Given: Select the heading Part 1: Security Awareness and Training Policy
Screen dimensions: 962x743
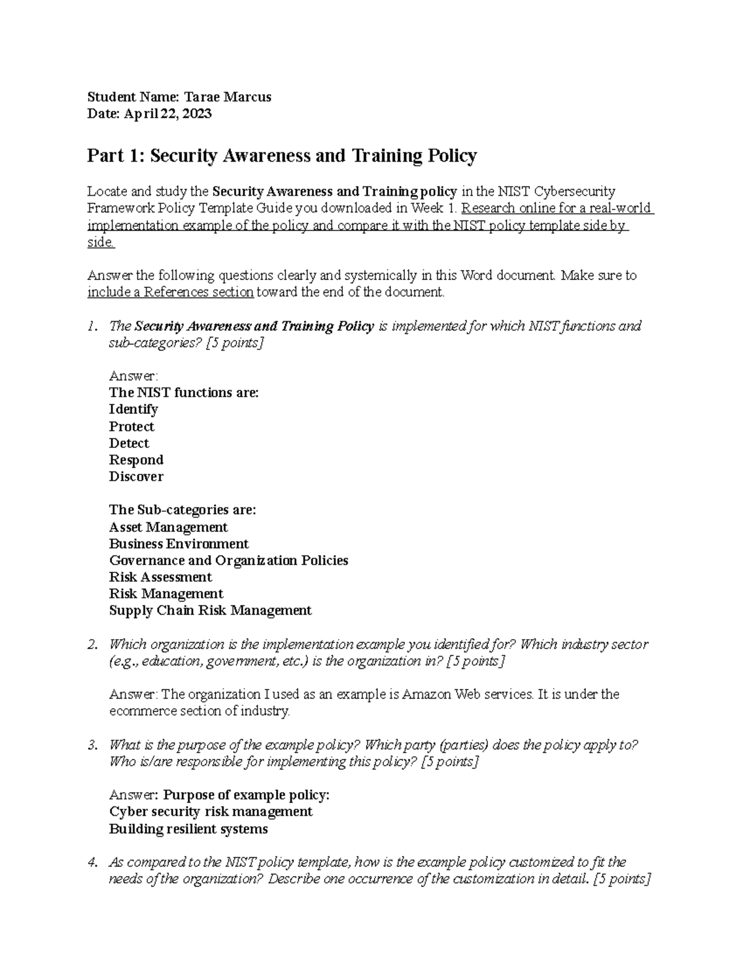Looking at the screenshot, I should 282,155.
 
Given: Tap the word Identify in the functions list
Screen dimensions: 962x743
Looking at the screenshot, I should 133,409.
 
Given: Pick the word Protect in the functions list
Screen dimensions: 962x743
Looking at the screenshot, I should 131,427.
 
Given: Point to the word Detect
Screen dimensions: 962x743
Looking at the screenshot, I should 129,444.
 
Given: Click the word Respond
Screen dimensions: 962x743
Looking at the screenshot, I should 136,460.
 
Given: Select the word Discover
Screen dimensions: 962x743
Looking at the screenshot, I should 136,477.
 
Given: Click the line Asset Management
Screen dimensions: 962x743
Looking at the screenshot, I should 168,527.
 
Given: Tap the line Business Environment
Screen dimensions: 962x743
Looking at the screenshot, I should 179,544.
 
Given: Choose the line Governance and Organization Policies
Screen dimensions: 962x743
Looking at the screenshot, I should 228,561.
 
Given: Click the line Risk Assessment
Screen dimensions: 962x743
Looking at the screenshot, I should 160,577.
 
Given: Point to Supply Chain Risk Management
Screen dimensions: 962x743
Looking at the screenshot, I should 210,611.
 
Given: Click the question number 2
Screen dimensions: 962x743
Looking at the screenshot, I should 92,645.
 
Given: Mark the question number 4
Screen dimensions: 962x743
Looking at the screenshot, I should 92,862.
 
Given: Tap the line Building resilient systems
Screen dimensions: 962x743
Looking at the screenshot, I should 188,829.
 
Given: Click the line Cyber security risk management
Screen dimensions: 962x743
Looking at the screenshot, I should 211,812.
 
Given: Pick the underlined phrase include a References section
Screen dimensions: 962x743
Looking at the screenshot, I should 170,292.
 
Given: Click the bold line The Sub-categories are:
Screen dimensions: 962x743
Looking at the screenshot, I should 182,510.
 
